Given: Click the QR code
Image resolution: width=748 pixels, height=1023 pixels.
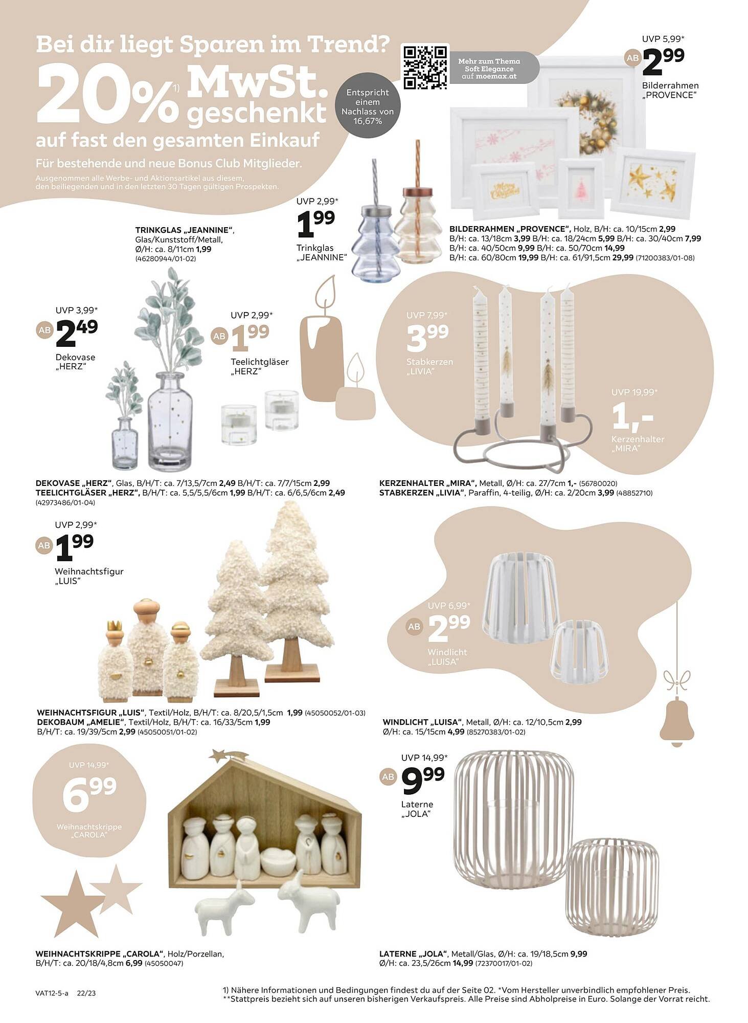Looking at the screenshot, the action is pos(424,67).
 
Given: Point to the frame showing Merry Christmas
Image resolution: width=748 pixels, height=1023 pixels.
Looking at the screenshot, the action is pos(503,189).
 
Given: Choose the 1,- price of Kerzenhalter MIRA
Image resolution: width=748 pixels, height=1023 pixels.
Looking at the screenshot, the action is pos(632,417).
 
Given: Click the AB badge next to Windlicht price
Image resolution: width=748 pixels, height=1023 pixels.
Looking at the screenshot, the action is pos(414,626).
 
